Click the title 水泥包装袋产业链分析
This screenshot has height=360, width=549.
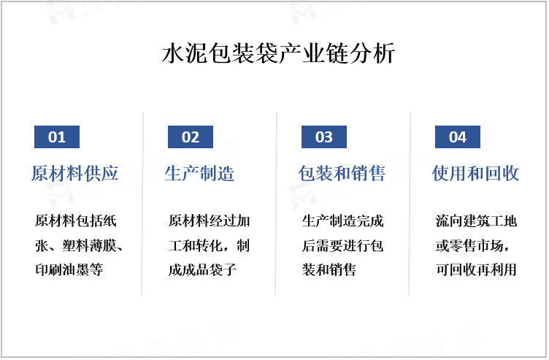point(279,53)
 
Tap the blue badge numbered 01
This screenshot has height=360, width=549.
point(57,137)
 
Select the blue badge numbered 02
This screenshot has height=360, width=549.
point(191,137)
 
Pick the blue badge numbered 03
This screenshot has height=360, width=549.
point(324,137)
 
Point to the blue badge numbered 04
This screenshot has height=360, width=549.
point(458,137)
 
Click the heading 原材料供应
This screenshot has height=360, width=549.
point(75,173)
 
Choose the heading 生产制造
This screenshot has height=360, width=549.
point(199,173)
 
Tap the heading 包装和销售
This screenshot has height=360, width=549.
point(342,173)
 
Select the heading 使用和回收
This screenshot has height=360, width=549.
point(475,173)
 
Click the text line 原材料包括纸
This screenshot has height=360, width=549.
point(76,221)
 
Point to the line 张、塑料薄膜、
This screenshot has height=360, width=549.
point(79,245)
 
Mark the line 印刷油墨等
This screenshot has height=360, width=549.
point(69,269)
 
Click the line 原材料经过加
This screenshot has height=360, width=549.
point(210,221)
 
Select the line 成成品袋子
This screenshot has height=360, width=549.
point(202,269)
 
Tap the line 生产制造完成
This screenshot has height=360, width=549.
point(343,221)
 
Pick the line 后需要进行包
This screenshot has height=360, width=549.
point(343,245)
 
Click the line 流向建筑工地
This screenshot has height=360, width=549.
point(477,221)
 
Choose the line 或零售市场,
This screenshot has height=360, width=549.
point(472,245)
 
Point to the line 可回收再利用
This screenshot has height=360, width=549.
point(477,269)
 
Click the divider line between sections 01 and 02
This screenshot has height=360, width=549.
point(142,204)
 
